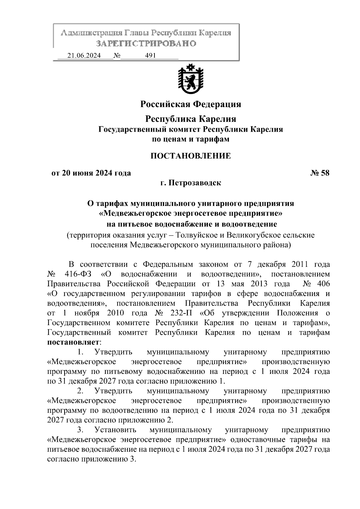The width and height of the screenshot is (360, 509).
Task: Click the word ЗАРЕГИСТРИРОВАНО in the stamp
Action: click(146, 43)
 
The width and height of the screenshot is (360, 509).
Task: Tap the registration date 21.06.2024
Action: click(84, 56)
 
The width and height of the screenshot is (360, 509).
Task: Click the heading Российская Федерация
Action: click(191, 104)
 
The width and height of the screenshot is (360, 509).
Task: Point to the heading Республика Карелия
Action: click(191, 119)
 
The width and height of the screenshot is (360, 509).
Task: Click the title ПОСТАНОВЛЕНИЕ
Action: click(191, 156)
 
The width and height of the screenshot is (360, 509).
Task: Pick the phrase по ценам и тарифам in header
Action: click(191, 139)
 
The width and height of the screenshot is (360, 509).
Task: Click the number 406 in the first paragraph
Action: click(323, 283)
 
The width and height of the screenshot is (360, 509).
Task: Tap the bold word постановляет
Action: click(73, 342)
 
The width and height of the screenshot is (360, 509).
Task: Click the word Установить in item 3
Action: click(115, 430)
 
